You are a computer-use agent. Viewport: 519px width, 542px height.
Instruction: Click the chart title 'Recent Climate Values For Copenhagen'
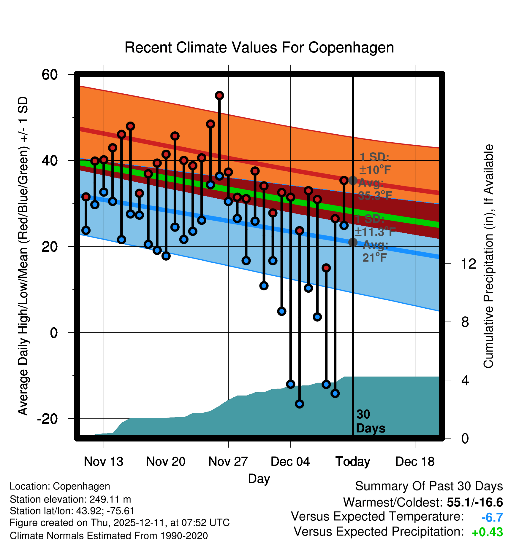coord(259,47)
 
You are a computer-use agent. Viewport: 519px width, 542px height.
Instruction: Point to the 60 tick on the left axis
coord(50,74)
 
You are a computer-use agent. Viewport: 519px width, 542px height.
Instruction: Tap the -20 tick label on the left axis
coord(47,419)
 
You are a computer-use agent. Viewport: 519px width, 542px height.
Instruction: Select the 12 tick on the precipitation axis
coord(469,264)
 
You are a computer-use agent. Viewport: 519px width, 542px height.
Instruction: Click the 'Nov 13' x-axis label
coord(103,461)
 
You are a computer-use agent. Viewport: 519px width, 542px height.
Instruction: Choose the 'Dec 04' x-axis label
coord(290,461)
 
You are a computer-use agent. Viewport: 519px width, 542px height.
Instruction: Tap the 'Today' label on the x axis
coord(353,461)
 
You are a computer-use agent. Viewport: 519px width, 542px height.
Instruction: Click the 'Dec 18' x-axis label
coord(415,461)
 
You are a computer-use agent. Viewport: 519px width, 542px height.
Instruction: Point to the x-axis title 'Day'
coord(259,479)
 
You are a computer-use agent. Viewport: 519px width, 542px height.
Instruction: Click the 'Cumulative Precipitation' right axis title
coord(488,256)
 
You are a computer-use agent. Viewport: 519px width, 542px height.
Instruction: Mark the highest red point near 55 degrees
coord(219,95)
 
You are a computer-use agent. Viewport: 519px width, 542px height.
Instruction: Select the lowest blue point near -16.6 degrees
coord(299,404)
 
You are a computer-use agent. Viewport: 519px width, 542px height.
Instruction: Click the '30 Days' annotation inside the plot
coord(370,421)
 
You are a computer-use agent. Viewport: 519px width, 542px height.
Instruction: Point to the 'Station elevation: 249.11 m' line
coord(70,499)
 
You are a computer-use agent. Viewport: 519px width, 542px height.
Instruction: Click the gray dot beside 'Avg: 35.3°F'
coord(353,180)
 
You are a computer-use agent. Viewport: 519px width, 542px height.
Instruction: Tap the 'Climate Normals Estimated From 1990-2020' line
coord(109,535)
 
